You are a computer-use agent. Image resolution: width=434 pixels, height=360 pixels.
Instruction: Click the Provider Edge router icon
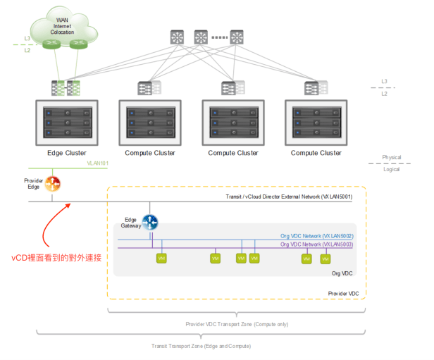click(x=53, y=184)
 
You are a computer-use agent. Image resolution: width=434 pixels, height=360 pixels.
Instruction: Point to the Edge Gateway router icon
click(x=150, y=223)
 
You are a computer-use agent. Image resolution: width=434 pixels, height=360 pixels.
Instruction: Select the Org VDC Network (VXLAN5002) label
click(x=316, y=236)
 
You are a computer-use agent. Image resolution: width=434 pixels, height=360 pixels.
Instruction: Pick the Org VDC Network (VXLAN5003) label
click(x=316, y=244)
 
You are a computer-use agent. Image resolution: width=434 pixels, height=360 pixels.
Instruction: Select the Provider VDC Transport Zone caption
click(x=237, y=323)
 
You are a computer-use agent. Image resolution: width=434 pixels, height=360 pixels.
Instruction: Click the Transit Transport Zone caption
click(x=201, y=346)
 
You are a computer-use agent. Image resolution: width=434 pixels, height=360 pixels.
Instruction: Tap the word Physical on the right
click(x=392, y=157)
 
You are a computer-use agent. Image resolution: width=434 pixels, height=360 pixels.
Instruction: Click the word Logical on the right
click(x=392, y=169)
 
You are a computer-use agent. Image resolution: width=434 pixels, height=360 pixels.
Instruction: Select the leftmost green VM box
click(x=161, y=259)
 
